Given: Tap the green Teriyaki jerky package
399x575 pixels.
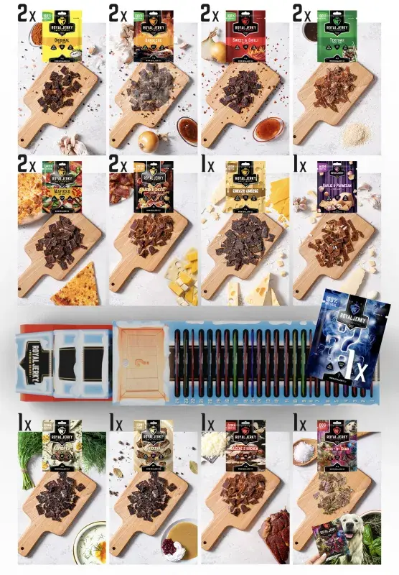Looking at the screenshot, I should pyautogui.click(x=337, y=35).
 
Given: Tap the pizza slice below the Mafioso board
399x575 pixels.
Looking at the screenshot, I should pyautogui.click(x=76, y=284).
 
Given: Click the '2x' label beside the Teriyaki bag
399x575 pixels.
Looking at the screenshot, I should pyautogui.click(x=301, y=12).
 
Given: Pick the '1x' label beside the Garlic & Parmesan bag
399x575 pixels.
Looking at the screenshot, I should pyautogui.click(x=300, y=166).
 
